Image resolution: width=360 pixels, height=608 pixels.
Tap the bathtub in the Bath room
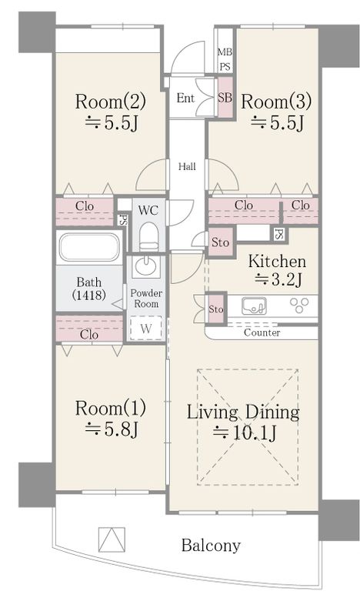coord(89,247)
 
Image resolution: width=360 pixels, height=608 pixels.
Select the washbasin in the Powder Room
coord(146,266)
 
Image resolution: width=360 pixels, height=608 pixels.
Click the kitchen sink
coord(254,306)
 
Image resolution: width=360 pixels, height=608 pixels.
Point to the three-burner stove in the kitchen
coord(299,305)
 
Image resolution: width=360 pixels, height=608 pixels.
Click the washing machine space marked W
coord(145,328)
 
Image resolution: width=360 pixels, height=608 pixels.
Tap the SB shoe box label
coord(225,97)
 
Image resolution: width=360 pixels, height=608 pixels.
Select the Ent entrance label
coord(185,98)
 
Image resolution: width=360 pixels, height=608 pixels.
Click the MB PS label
coord(225,59)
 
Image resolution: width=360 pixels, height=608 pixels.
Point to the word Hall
coord(187,167)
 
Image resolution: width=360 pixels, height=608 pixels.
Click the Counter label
coord(262,332)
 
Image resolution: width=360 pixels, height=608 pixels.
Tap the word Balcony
coord(211,546)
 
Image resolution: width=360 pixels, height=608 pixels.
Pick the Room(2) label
coord(111,102)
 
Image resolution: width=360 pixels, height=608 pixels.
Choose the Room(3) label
coord(276,102)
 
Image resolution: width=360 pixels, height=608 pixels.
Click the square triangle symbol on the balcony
coord(112,539)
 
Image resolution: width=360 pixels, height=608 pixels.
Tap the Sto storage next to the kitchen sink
coord(216,309)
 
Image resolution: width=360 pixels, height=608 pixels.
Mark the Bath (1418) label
coord(89,288)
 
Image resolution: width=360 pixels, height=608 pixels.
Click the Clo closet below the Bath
coord(89,329)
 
